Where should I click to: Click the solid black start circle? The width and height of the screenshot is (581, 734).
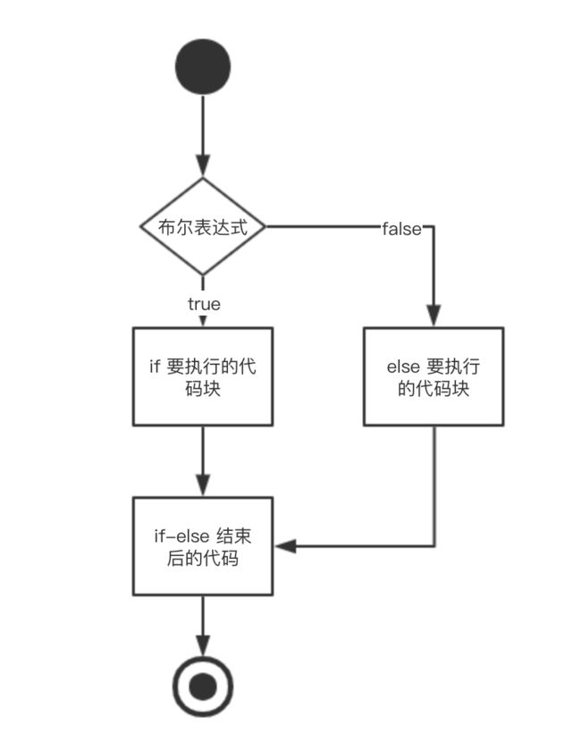(203, 66)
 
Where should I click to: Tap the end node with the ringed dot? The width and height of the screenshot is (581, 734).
(203, 687)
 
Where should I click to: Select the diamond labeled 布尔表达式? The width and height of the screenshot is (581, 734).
(203, 226)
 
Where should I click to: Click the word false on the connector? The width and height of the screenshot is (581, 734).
(401, 229)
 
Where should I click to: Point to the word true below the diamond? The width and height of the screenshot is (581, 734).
(204, 304)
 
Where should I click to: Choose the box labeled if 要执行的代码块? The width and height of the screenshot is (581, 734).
(203, 376)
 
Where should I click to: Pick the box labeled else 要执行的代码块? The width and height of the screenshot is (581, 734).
(434, 376)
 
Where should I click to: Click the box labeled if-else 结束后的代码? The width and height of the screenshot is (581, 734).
(203, 546)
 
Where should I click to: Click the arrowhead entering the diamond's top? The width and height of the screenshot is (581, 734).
(203, 166)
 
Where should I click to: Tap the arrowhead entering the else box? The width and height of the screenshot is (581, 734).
(434, 316)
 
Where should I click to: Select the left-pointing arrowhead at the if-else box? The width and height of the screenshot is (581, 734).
(286, 546)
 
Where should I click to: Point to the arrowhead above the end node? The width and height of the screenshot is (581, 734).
(203, 646)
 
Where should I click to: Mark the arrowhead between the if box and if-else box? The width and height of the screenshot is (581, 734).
(203, 485)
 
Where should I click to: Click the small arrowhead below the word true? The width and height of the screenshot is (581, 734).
(203, 321)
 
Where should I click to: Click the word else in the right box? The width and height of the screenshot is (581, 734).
(403, 367)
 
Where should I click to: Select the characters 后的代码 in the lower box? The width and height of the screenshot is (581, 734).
(203, 558)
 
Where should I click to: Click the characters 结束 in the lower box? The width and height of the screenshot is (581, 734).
(233, 536)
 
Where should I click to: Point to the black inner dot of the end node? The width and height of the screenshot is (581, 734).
(203, 687)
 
